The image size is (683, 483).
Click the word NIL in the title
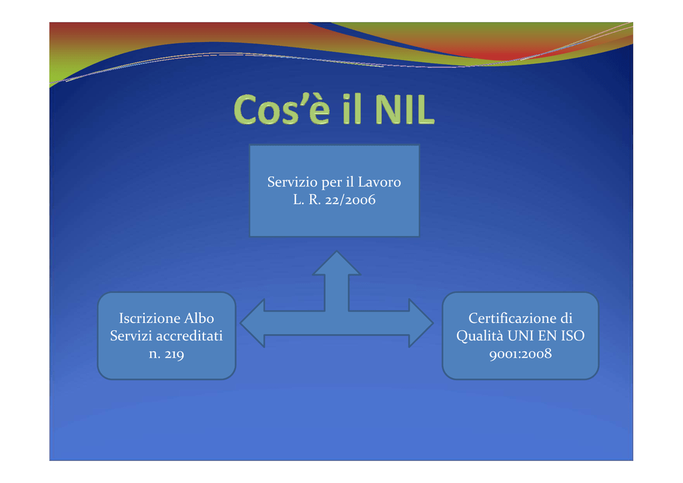[x=404, y=110]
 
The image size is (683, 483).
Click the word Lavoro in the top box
[x=380, y=181]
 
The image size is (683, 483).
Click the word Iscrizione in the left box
[x=149, y=318]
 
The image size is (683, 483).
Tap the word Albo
[x=199, y=318]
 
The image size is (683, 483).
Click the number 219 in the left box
[x=174, y=354]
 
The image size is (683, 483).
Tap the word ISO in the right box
[x=573, y=336]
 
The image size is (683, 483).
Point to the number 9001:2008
[x=520, y=354]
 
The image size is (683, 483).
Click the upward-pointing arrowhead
[x=336, y=264]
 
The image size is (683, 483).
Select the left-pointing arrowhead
[x=253, y=323]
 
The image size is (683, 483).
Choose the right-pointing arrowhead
[x=421, y=323]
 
